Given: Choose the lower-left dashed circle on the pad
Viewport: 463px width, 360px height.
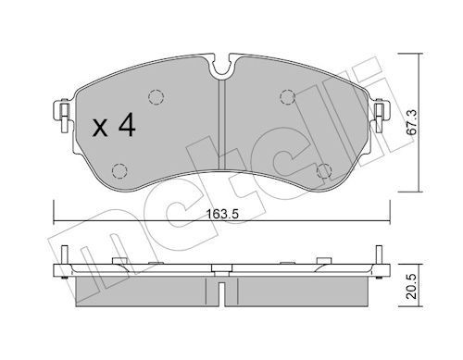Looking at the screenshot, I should pos(118,168).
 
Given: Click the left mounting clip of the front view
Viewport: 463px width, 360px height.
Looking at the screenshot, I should pos(63,112).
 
